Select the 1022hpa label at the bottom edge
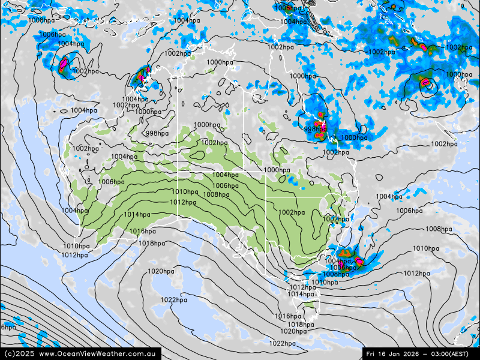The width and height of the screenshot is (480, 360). pos(282,344)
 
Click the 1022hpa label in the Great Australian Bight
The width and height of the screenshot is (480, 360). pos(173,300)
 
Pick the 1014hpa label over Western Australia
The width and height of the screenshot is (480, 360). pos(137,215)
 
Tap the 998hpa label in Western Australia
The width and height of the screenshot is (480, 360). pos(157,133)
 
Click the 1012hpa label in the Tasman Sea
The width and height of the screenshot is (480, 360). pos(416,274)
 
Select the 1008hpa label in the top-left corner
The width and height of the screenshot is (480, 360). pos(52,35)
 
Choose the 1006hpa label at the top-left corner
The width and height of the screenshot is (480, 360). pos(41,20)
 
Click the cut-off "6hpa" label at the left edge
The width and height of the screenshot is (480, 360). pos(8,327)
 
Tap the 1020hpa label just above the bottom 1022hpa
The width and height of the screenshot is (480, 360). pos(293,331)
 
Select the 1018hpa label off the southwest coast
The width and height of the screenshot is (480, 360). pos(152,243)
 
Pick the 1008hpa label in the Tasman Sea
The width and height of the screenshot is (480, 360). pos(439,229)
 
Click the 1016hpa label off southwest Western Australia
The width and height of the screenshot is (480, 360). pos(143,232)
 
